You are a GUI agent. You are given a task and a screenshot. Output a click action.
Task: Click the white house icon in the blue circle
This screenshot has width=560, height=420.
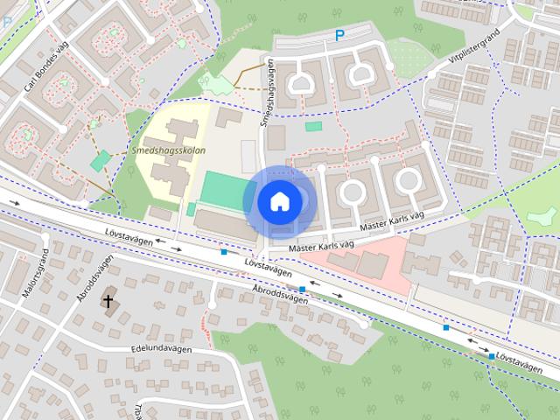(278, 201)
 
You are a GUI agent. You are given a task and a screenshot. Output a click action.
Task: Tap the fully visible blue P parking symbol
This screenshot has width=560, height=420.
(339, 36)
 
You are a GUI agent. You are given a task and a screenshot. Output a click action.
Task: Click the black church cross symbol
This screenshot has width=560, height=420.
(108, 302)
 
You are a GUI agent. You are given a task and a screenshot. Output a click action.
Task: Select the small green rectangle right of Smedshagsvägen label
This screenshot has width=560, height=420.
(313, 127)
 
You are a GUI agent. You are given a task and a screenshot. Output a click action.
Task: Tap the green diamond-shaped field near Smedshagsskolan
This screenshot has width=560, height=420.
(101, 160)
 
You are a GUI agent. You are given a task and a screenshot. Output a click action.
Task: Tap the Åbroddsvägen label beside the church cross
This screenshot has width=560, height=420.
(95, 277)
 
